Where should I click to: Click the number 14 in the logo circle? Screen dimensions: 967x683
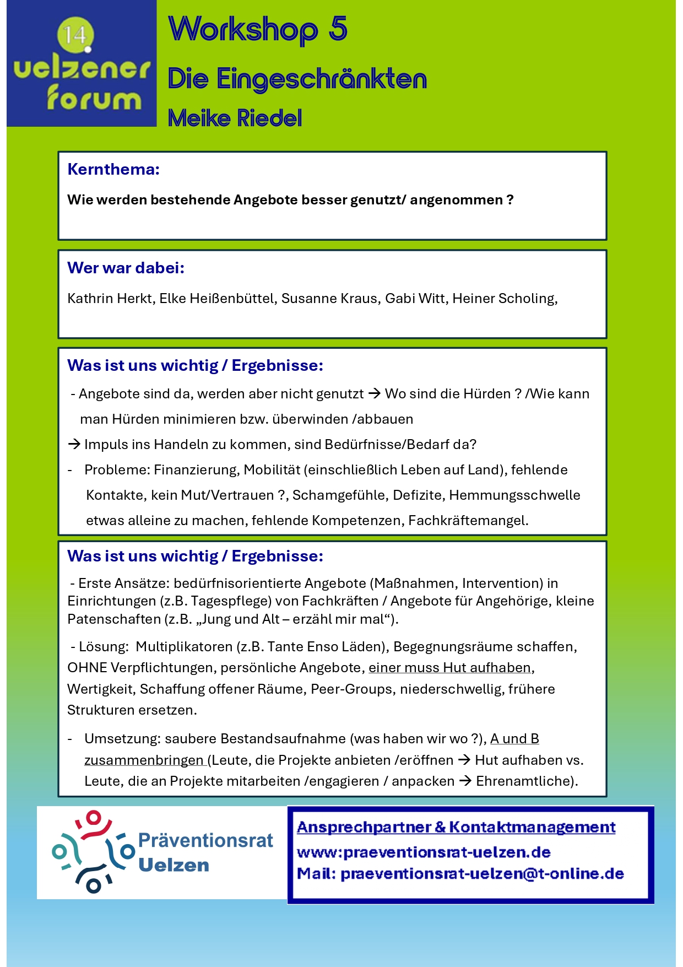tap(75, 35)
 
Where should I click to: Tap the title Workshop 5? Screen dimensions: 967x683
tap(258, 29)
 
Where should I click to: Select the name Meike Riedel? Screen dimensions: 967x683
tap(235, 118)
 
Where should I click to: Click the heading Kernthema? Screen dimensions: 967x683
tap(113, 169)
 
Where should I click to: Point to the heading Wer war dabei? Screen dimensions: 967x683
tap(126, 268)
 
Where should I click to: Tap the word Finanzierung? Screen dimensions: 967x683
tap(196, 470)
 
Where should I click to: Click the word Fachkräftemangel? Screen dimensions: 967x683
tap(468, 521)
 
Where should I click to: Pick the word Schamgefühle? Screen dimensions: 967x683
tap(338, 495)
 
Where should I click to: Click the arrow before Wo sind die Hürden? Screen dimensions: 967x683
tap(375, 394)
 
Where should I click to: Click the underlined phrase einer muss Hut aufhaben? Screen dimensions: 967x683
tap(449, 668)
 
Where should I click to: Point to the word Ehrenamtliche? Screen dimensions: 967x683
tap(522, 781)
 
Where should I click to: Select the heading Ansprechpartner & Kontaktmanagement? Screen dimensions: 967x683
tap(456, 827)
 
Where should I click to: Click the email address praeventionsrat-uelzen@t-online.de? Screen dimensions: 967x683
tap(482, 874)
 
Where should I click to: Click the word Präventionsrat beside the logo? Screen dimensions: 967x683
tap(205, 840)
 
